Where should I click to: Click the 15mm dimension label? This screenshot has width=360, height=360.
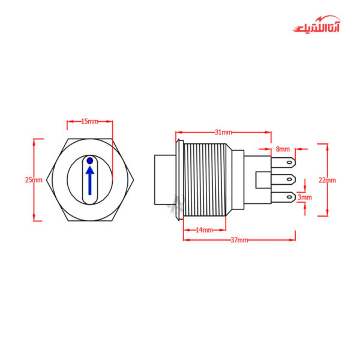[89, 121]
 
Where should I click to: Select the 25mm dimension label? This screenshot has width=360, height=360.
[34, 180]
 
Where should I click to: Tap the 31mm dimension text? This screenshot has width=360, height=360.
[223, 132]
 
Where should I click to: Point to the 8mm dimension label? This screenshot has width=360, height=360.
[283, 149]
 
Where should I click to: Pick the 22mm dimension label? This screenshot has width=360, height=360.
[327, 180]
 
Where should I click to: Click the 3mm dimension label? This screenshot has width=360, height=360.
[305, 197]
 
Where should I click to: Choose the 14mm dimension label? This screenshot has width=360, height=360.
[204, 230]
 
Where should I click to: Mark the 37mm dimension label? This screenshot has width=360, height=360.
[239, 240]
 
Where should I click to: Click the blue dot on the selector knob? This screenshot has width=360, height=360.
[90, 161]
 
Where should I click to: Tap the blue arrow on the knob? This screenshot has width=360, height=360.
[90, 181]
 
